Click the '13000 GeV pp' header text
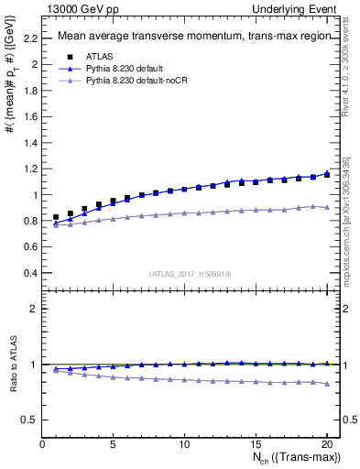click(81, 8)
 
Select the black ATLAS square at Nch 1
click(57, 217)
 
